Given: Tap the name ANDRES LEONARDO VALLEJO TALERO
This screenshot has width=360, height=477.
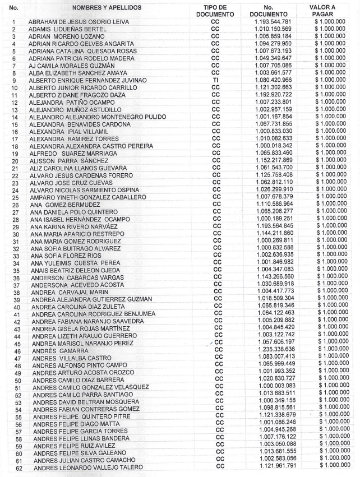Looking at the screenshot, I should coord(88,467).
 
